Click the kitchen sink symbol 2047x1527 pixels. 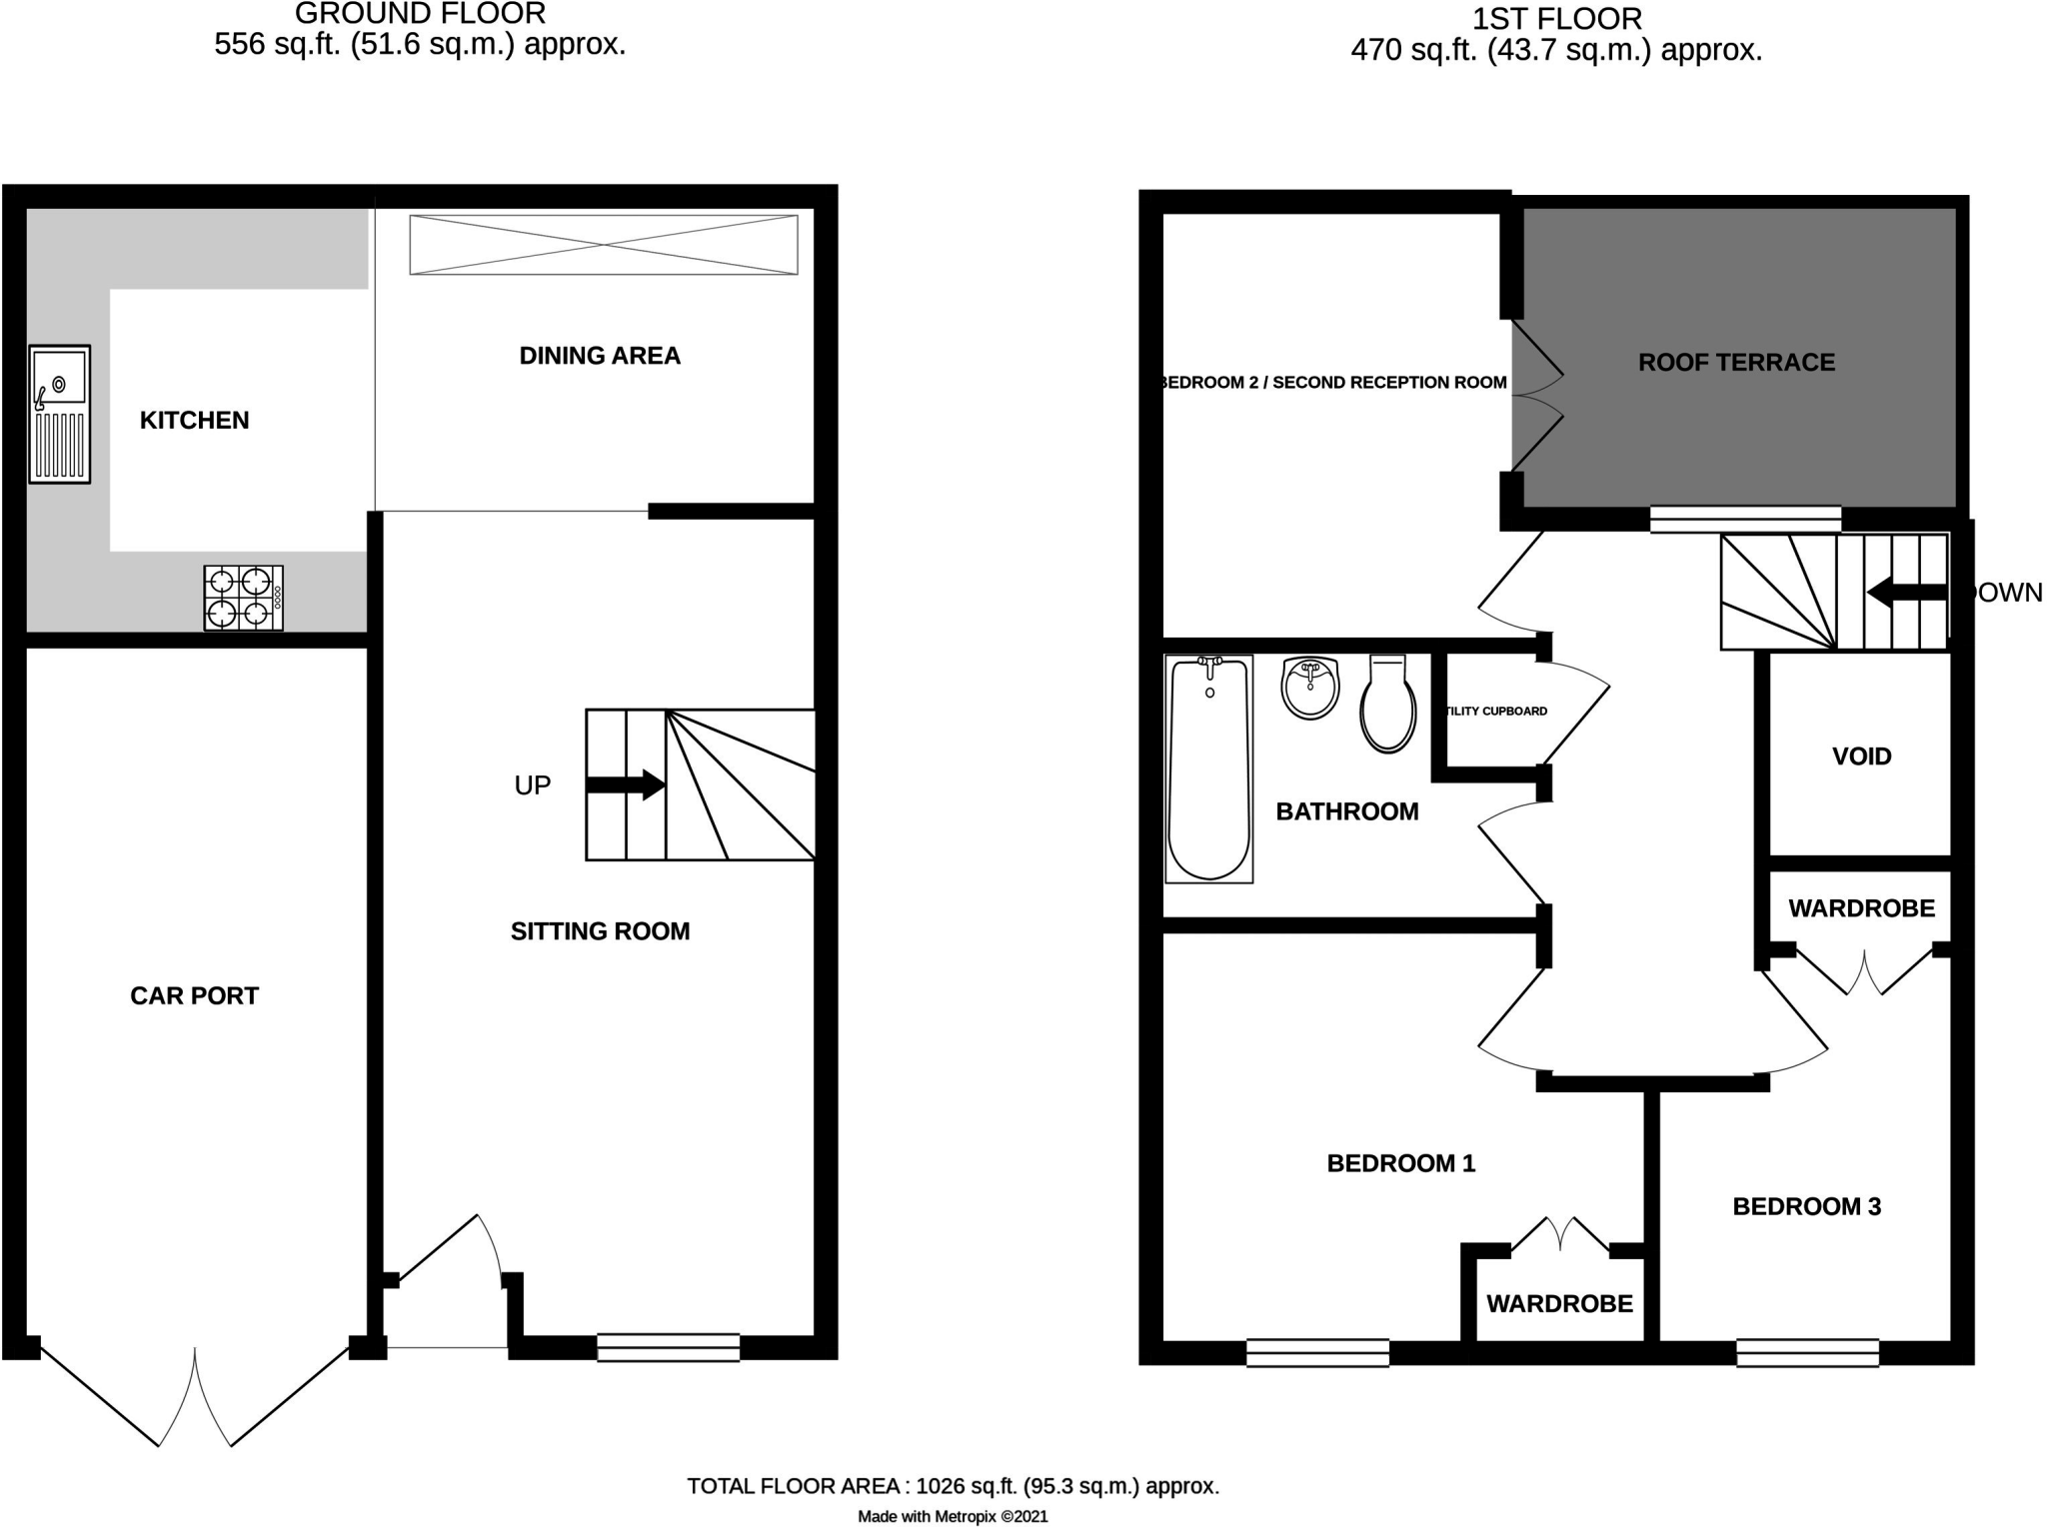tap(60, 415)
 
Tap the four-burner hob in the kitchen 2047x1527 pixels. tap(243, 598)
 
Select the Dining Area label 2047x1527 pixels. tap(600, 356)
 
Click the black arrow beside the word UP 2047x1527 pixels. tap(626, 784)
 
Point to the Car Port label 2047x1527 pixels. tap(194, 995)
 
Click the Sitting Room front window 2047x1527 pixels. tap(668, 1347)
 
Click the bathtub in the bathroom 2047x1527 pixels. tap(1208, 768)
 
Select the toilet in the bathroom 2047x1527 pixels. tap(1387, 705)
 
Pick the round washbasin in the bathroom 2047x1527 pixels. tap(1309, 688)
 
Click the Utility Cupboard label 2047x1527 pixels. tap(1496, 712)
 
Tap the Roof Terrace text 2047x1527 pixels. tap(1736, 363)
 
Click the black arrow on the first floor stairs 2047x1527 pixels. tap(1905, 593)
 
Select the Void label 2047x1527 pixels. tap(1861, 757)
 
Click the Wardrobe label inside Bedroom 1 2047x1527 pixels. tap(1559, 1303)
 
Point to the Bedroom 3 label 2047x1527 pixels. tap(1806, 1206)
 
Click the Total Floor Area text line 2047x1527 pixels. tap(953, 1486)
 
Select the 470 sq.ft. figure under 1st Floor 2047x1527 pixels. tap(1414, 50)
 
